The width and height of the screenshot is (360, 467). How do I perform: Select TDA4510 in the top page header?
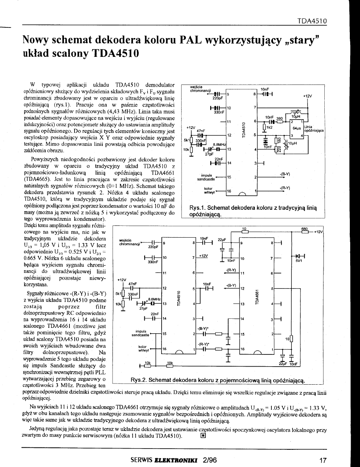[313, 20]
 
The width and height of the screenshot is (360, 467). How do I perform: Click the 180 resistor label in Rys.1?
[279, 140]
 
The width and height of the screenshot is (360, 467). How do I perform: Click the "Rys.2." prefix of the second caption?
[139, 380]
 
